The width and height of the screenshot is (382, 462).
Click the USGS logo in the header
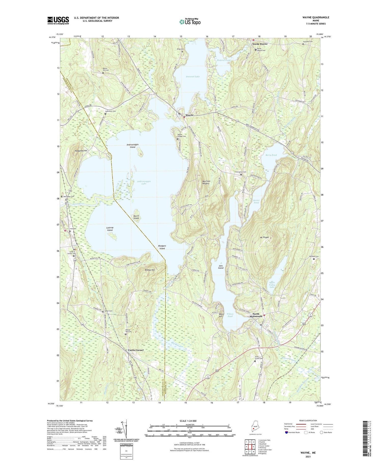(x=58, y=20)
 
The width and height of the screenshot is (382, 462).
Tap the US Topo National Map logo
(x=190, y=21)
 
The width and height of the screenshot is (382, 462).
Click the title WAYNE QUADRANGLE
(x=316, y=17)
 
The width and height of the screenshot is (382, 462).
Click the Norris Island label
(x=136, y=217)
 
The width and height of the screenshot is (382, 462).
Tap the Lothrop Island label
(x=110, y=229)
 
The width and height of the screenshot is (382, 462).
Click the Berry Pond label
(x=271, y=155)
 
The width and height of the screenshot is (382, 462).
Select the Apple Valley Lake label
(x=272, y=285)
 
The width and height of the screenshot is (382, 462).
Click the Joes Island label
(x=221, y=267)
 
